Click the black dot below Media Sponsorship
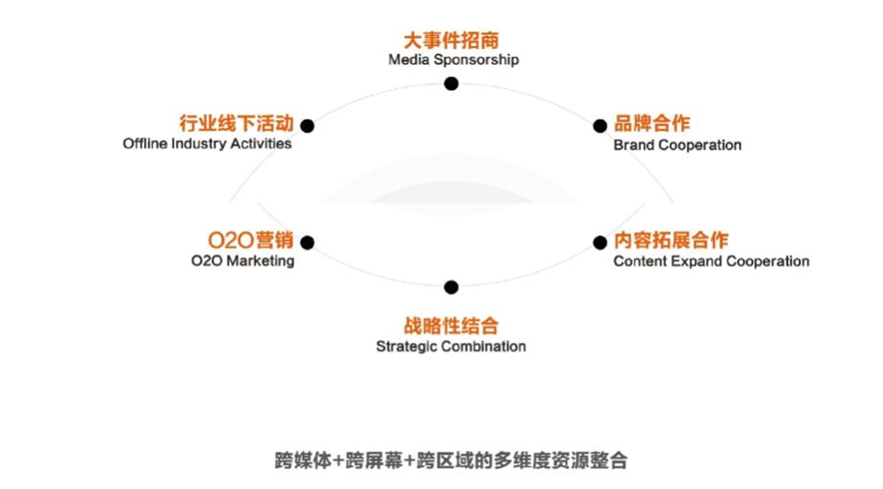pyautogui.click(x=451, y=84)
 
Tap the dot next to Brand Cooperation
pyautogui.click(x=601, y=126)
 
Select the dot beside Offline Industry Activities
pyautogui.click(x=307, y=126)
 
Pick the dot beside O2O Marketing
pyautogui.click(x=307, y=242)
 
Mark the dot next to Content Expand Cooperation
pyautogui.click(x=601, y=242)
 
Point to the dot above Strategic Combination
pyautogui.click(x=451, y=287)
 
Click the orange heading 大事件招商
pyautogui.click(x=451, y=41)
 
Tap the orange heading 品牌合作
pyautogui.click(x=652, y=124)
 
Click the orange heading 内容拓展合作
pyautogui.click(x=670, y=240)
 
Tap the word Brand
pyautogui.click(x=633, y=145)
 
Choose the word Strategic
pyautogui.click(x=405, y=346)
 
